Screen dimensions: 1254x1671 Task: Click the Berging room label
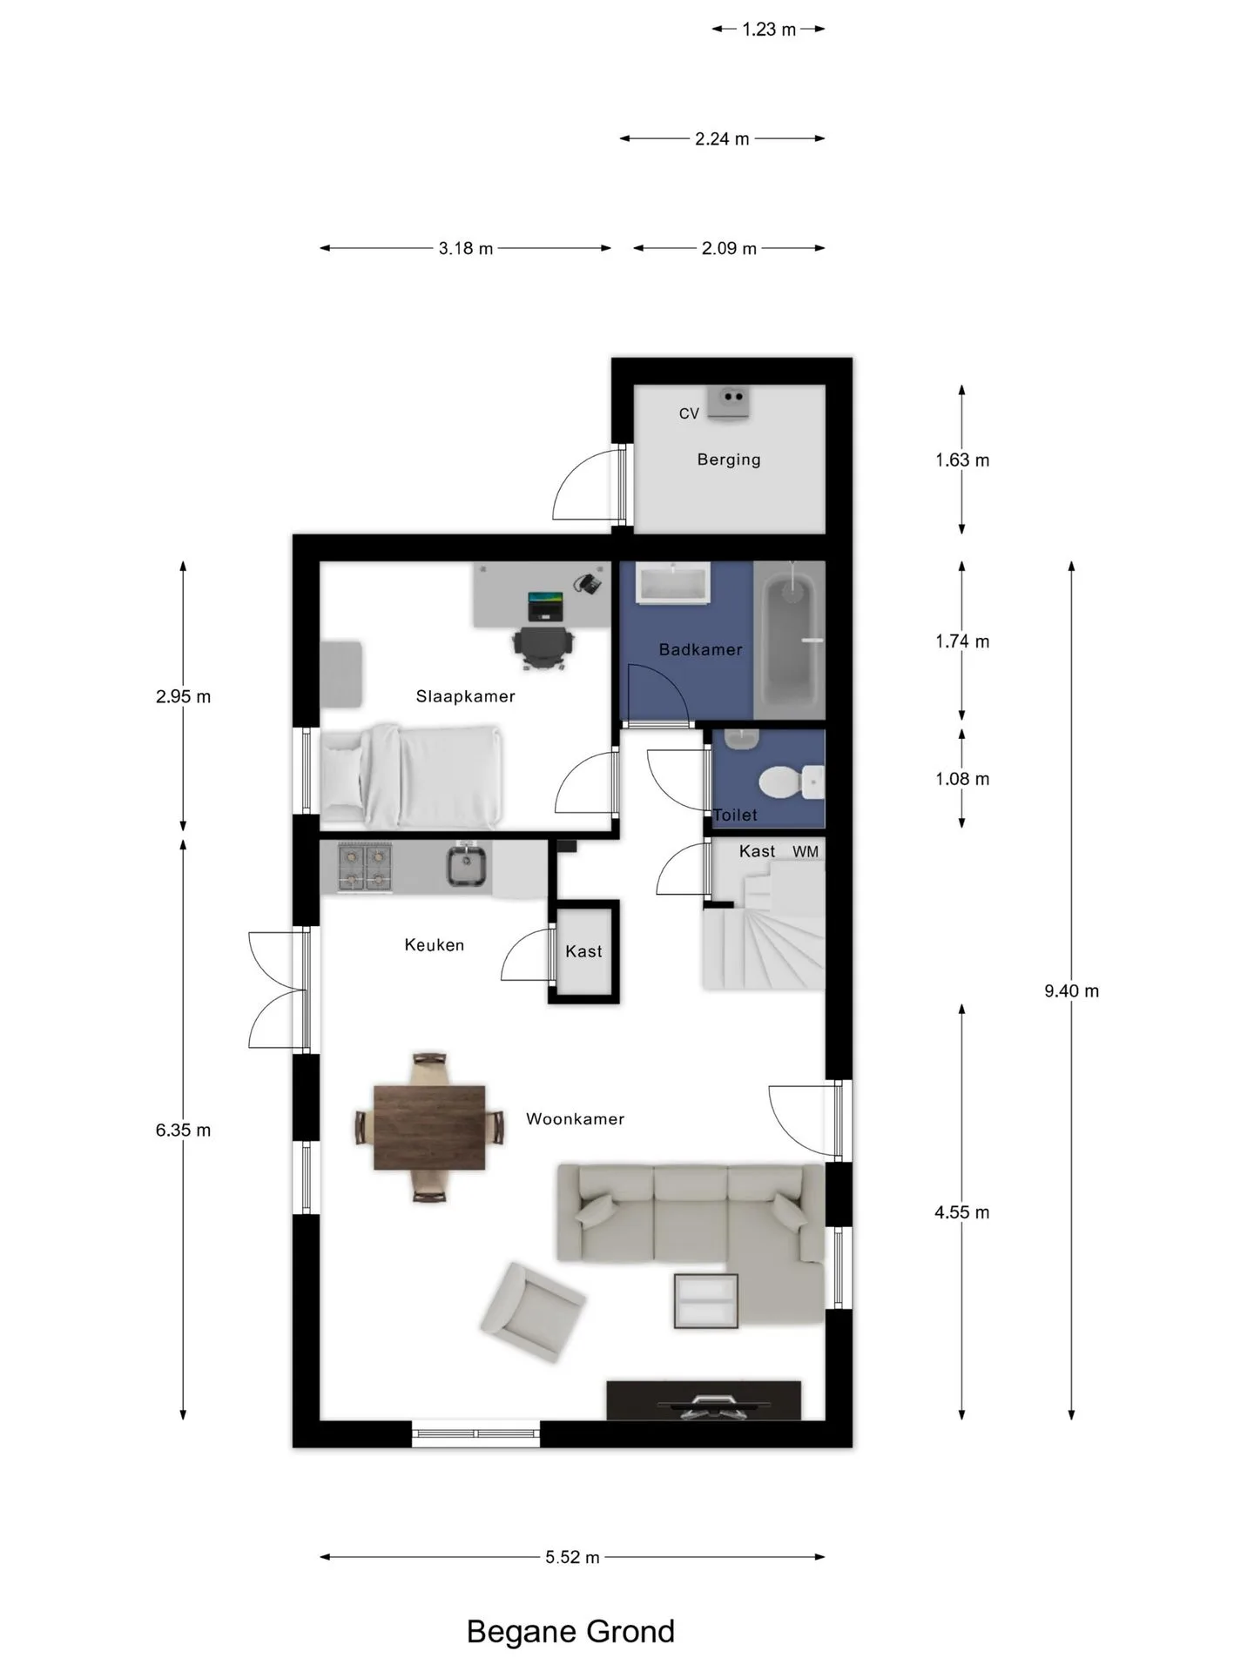(x=729, y=460)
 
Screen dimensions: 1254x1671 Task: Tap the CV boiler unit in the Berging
(x=728, y=403)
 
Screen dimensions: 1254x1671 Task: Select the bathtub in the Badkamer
(x=792, y=634)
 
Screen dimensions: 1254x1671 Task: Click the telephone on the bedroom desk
(x=588, y=583)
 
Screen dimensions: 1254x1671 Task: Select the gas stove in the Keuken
(x=364, y=867)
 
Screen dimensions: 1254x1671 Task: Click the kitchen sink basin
(x=467, y=867)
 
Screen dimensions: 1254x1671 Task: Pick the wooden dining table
(x=429, y=1127)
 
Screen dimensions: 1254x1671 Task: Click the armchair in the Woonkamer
(x=532, y=1312)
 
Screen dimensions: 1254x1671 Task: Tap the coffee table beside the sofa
(x=706, y=1301)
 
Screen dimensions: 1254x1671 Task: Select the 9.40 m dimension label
(x=1072, y=990)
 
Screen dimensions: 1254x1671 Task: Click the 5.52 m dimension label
(x=572, y=1557)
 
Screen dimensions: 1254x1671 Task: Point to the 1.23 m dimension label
(x=769, y=30)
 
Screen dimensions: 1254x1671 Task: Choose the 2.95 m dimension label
(x=183, y=696)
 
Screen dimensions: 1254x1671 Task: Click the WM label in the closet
(x=806, y=852)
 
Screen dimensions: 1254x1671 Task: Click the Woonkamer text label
(x=575, y=1119)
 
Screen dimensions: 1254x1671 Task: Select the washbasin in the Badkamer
(x=673, y=583)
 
